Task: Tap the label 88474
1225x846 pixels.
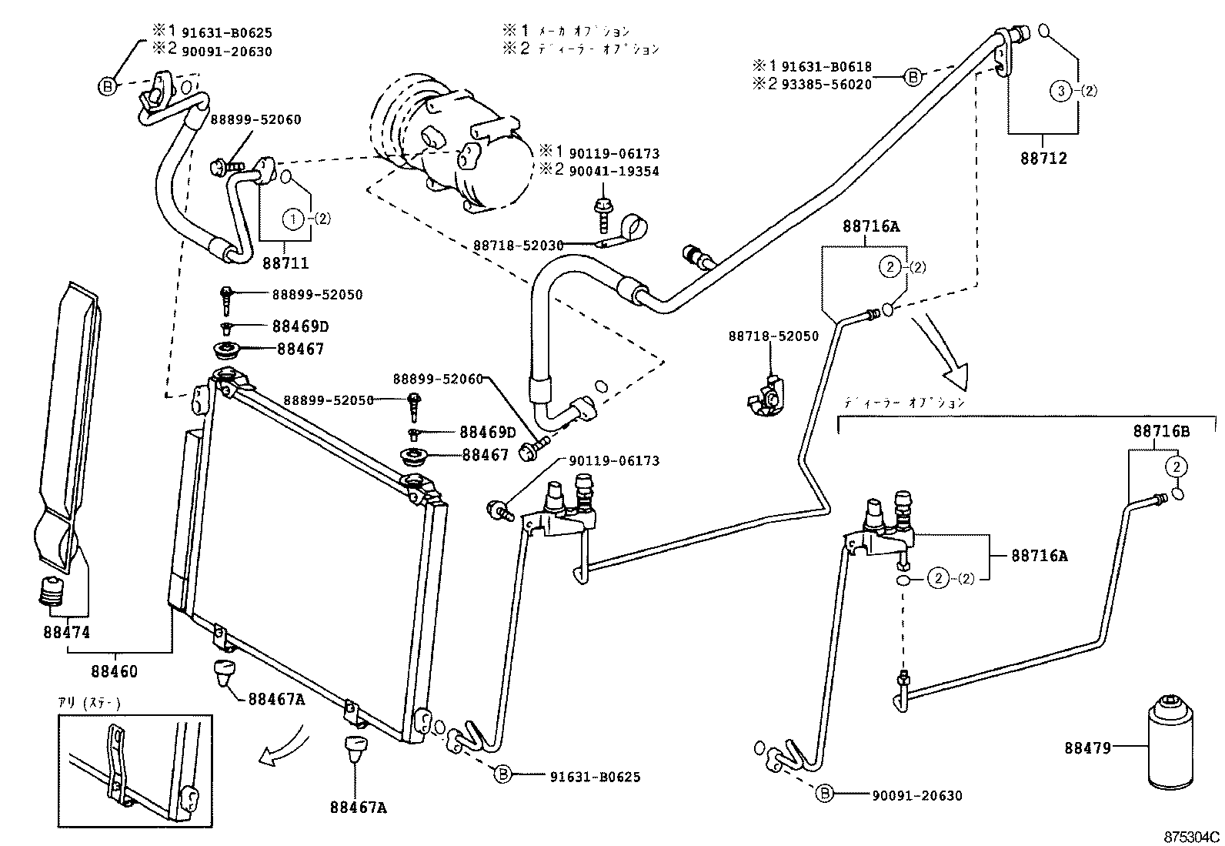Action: [66, 633]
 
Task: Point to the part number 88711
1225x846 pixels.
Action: [285, 263]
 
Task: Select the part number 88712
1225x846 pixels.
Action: [1044, 159]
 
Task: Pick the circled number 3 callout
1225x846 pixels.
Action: [1060, 92]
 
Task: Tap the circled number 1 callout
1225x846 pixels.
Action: [292, 219]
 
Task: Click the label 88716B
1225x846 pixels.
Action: [1160, 432]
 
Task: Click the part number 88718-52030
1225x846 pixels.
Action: [518, 245]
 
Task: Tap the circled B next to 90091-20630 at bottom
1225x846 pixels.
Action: [824, 793]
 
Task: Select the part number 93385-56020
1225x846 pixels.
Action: [826, 85]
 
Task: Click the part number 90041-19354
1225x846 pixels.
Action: [614, 171]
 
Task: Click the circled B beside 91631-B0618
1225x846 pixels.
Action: [913, 76]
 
